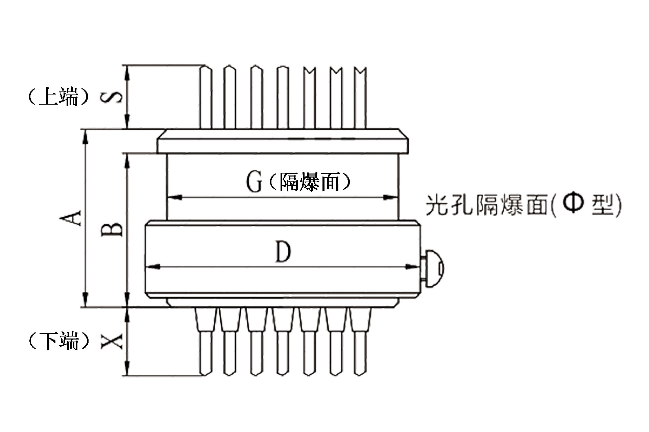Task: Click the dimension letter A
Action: click(71, 218)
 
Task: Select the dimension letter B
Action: click(112, 230)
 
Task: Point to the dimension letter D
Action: click(283, 252)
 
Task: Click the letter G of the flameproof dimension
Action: click(254, 182)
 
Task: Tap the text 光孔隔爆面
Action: click(486, 205)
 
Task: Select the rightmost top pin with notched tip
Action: click(360, 98)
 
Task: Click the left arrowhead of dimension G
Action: click(174, 197)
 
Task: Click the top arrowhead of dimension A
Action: click(86, 137)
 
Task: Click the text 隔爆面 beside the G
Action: click(310, 182)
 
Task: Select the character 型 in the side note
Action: click(602, 205)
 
